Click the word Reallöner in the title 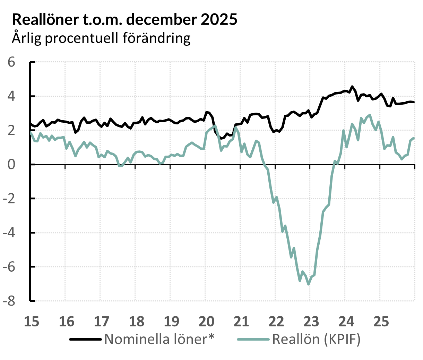tap(45, 20)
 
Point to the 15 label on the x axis tap(31, 321)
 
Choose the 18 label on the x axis tap(136, 321)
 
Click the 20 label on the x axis tap(206, 321)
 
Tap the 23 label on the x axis tap(311, 321)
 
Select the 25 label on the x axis tap(381, 321)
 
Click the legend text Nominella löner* tap(159, 339)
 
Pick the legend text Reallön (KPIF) tap(316, 339)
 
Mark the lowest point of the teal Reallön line tap(309, 284)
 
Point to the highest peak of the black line tap(352, 87)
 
